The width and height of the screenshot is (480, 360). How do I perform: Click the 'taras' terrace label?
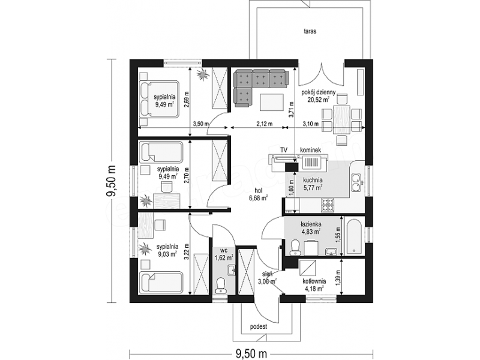point(310,31)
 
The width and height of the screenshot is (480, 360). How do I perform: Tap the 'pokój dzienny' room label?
point(319,92)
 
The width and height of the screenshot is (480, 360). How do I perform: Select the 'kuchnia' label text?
point(313,181)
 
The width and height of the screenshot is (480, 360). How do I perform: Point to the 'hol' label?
point(254,190)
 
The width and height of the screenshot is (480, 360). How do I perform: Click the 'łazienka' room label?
point(310,224)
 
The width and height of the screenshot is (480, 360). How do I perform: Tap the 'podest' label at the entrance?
point(259,326)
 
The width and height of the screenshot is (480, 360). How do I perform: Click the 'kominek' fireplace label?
point(310,150)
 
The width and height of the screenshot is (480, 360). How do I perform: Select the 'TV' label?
point(284,150)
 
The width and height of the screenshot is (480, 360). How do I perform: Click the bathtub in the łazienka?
point(353,236)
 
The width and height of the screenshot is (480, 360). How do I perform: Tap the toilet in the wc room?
point(220,285)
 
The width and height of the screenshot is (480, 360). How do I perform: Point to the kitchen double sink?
point(356,182)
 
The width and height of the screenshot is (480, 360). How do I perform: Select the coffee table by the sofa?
point(272,103)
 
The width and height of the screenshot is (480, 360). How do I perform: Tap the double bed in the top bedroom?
point(159,99)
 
